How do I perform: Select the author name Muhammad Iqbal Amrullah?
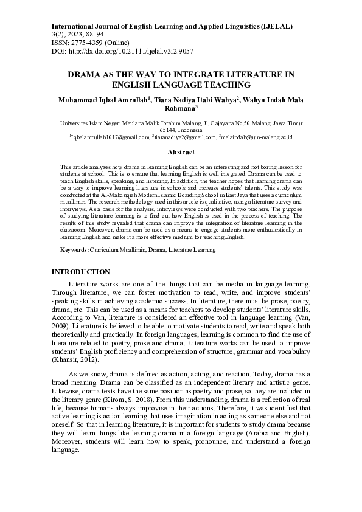[105, 99]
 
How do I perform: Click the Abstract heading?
[181, 153]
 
